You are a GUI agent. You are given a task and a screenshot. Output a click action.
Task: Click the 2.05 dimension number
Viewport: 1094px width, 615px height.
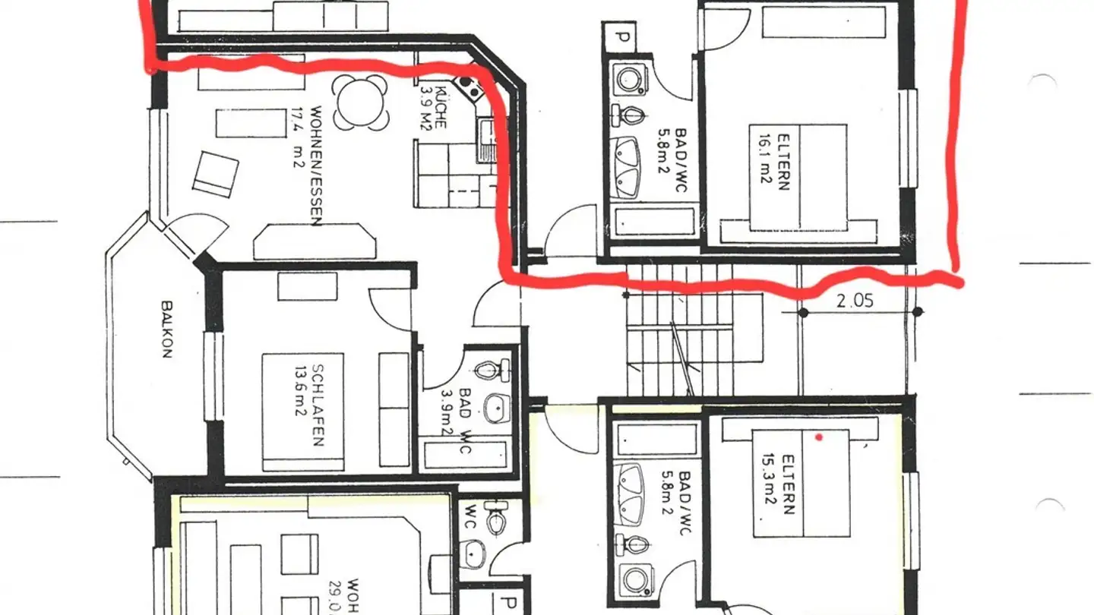855,300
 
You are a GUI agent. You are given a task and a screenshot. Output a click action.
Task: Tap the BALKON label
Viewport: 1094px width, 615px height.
166,329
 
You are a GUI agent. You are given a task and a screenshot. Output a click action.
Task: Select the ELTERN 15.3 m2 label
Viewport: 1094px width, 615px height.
782,484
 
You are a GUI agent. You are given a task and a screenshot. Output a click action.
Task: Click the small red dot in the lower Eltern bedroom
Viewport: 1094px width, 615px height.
818,437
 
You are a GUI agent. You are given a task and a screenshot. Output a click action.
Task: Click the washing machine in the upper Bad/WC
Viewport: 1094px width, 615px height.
628,78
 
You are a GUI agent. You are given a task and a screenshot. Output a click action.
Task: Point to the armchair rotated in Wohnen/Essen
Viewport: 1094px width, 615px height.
216,174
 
